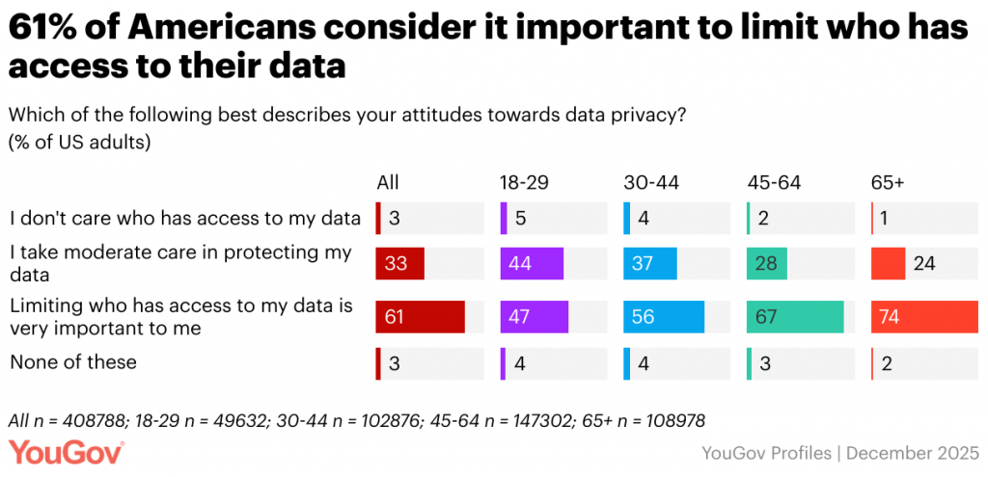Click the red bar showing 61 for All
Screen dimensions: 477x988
(421, 316)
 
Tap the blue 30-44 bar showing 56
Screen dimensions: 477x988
(664, 316)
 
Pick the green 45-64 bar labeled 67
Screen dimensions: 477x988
(795, 316)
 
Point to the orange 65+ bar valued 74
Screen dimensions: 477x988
(924, 316)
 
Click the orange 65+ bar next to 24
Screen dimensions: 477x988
(888, 264)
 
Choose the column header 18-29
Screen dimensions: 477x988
(523, 182)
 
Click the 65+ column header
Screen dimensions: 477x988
(888, 182)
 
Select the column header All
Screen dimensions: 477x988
(387, 182)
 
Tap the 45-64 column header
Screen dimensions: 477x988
(774, 182)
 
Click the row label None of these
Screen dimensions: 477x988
(72, 362)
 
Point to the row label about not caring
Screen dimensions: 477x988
(184, 217)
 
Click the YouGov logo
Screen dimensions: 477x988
(67, 451)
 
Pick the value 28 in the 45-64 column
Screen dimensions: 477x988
(766, 264)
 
